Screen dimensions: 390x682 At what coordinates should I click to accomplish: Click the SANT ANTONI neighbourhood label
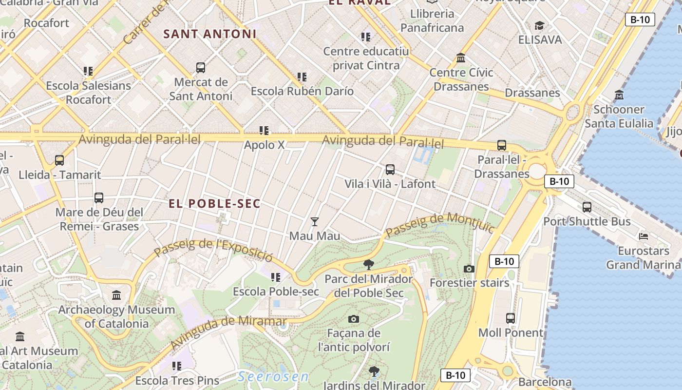click(209, 34)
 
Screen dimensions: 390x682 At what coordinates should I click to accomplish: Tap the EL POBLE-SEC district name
click(215, 204)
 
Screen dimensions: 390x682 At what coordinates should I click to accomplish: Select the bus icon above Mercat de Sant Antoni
click(200, 68)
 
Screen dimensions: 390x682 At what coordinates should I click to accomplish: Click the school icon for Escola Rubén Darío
click(302, 77)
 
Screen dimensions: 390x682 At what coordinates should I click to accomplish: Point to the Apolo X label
click(264, 145)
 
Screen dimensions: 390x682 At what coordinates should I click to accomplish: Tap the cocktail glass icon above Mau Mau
click(315, 222)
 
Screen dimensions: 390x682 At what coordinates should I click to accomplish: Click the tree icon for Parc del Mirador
click(369, 265)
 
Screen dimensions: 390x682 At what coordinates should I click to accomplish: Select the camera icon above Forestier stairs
click(469, 269)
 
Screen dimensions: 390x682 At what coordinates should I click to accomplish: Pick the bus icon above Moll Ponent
click(511, 318)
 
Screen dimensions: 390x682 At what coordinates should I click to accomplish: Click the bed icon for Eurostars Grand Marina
click(644, 236)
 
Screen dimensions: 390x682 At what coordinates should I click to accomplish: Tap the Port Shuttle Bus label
click(587, 222)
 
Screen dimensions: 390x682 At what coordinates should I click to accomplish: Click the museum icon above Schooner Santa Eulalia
click(619, 95)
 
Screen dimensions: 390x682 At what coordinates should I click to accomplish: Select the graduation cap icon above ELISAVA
click(539, 25)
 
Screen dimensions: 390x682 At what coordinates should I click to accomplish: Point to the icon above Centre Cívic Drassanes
click(461, 58)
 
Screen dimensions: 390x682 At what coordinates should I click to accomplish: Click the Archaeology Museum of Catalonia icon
click(116, 295)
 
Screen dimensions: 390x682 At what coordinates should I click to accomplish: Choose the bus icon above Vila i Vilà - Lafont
click(390, 170)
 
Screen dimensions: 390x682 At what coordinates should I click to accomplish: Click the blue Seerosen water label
click(273, 377)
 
